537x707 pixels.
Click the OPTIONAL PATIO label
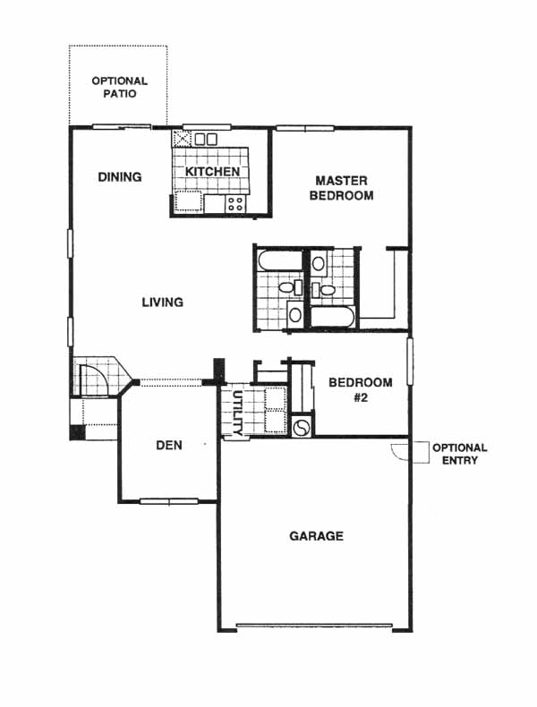click(120, 88)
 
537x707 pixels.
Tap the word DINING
click(120, 177)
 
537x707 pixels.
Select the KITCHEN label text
click(212, 172)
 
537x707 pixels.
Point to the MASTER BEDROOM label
click(341, 188)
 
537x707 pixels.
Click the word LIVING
click(163, 302)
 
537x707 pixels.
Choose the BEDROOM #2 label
click(361, 390)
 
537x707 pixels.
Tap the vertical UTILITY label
click(237, 413)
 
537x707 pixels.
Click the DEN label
click(169, 446)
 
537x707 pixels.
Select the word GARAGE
click(316, 536)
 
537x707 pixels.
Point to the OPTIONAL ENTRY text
click(459, 454)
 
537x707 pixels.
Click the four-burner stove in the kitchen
click(235, 203)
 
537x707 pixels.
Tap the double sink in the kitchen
click(206, 139)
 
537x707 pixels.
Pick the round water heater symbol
click(301, 427)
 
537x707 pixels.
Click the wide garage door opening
click(314, 626)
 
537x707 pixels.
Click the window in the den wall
click(169, 501)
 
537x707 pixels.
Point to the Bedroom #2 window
click(410, 362)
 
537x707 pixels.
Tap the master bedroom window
click(305, 128)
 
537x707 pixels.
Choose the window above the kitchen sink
click(207, 127)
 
